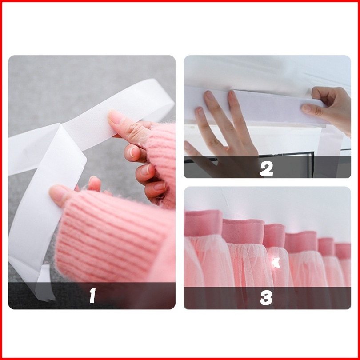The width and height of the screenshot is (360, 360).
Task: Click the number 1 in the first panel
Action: (x=92, y=295)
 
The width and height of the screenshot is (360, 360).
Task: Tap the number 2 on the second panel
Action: (x=266, y=168)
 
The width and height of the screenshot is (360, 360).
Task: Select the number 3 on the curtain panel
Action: (x=266, y=298)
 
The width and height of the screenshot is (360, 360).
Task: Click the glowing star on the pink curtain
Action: (x=276, y=263)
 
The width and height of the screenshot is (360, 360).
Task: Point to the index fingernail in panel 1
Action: (x=115, y=117)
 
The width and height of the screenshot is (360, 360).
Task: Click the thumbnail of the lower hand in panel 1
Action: (x=56, y=192)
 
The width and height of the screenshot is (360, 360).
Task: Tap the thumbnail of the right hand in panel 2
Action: (x=307, y=108)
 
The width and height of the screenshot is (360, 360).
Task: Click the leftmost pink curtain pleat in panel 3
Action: (x=203, y=223)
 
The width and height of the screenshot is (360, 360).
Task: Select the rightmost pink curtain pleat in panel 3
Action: (x=343, y=251)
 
